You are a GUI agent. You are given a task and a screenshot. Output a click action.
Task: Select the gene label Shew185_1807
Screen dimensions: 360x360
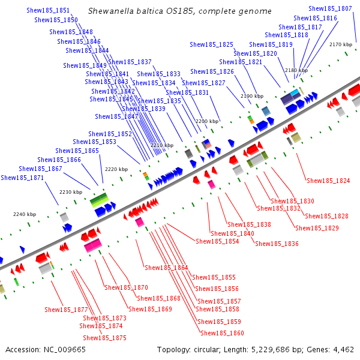(330, 8)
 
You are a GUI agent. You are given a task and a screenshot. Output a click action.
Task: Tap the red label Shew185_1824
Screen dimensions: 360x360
(328, 180)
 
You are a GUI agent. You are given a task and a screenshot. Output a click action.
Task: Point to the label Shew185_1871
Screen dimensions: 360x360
(22, 178)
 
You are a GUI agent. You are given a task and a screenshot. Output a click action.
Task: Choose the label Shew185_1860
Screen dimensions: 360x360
(222, 333)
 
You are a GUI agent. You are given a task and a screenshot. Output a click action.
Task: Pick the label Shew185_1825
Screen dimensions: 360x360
(211, 44)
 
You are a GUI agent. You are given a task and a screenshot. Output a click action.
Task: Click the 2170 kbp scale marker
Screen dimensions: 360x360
(340, 44)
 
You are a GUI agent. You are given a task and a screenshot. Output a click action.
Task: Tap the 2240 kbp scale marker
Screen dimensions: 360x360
(25, 214)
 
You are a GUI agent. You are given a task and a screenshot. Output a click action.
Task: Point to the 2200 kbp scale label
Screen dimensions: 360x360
(207, 121)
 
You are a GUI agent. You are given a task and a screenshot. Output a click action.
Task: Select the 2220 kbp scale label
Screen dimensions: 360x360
(116, 169)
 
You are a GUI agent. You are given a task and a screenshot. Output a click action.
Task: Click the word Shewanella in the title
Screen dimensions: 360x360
(110, 11)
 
